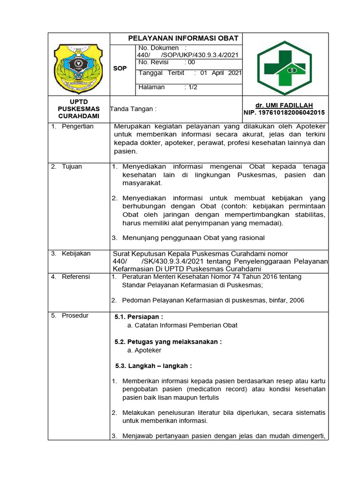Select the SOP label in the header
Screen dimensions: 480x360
coord(120,68)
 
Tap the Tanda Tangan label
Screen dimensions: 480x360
coord(133,109)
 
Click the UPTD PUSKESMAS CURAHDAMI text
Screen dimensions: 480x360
coord(79,109)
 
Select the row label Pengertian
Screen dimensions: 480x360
coord(77,127)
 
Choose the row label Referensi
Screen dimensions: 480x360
coord(75,277)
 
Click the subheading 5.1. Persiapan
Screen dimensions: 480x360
coord(139,317)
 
